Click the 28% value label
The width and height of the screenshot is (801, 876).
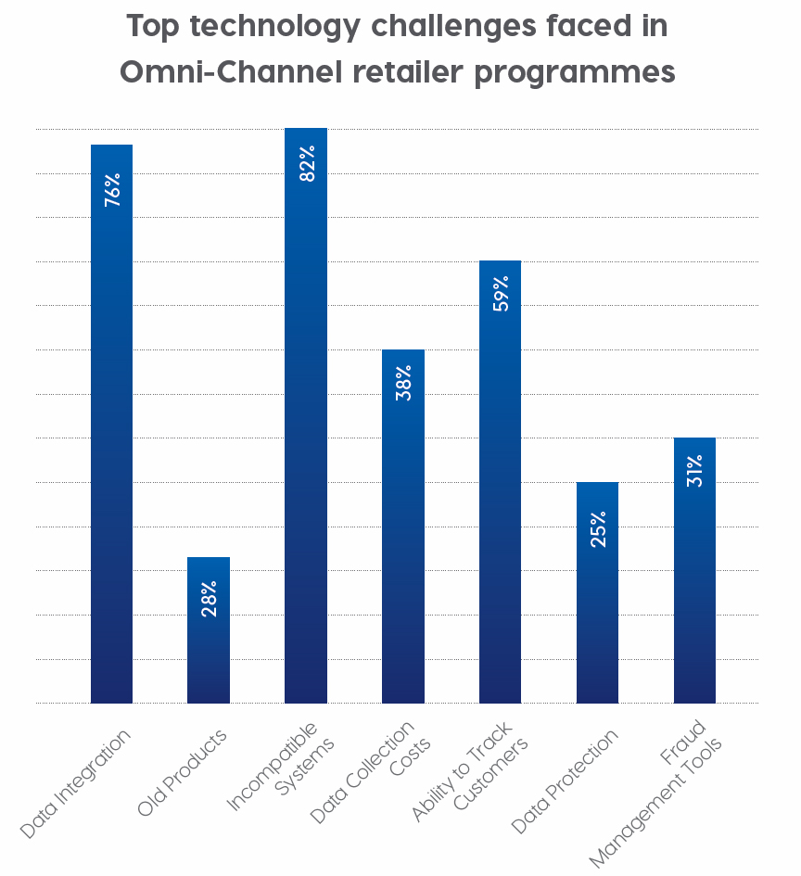tap(210, 599)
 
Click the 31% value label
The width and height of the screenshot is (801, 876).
tap(695, 471)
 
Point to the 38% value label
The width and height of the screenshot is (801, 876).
tap(404, 383)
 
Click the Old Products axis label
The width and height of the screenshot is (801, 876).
tap(183, 772)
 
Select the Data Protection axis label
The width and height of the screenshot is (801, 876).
tap(565, 781)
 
